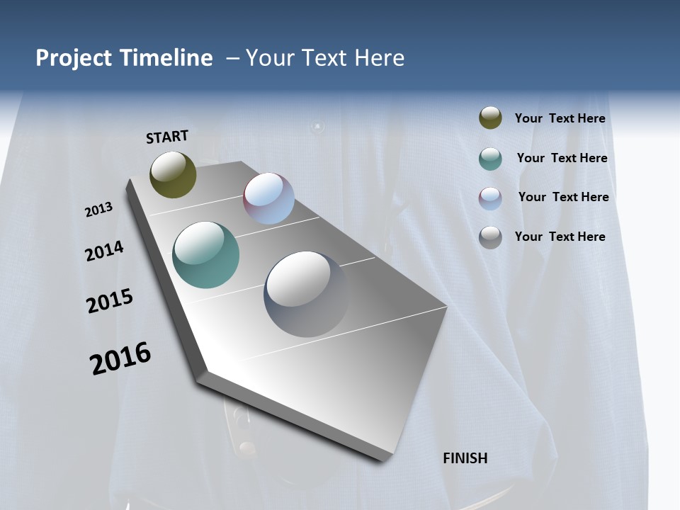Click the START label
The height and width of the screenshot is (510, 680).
coord(167,137)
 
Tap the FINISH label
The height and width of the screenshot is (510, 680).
coord(465,458)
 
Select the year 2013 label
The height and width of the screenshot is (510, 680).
coord(98,210)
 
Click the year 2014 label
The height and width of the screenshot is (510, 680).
coord(104,251)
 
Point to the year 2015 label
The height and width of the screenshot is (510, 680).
coord(110,301)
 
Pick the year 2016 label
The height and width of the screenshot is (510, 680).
coord(120,358)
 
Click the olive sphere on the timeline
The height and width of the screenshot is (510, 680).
coord(173,174)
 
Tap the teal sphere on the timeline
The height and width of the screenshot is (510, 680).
coord(205,255)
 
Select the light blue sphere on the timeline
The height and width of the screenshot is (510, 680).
coord(269,198)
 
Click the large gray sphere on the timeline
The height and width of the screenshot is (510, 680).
coord(307,294)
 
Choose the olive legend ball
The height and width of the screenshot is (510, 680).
coord(490,118)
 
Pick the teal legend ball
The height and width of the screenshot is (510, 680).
coord(490,159)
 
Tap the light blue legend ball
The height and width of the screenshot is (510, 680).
coord(490,198)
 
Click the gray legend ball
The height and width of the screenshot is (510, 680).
coord(490,237)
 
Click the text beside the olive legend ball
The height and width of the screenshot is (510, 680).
coord(560,118)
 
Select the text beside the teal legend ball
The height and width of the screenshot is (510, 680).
coord(562,158)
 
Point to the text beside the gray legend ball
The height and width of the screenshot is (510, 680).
coord(560,237)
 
